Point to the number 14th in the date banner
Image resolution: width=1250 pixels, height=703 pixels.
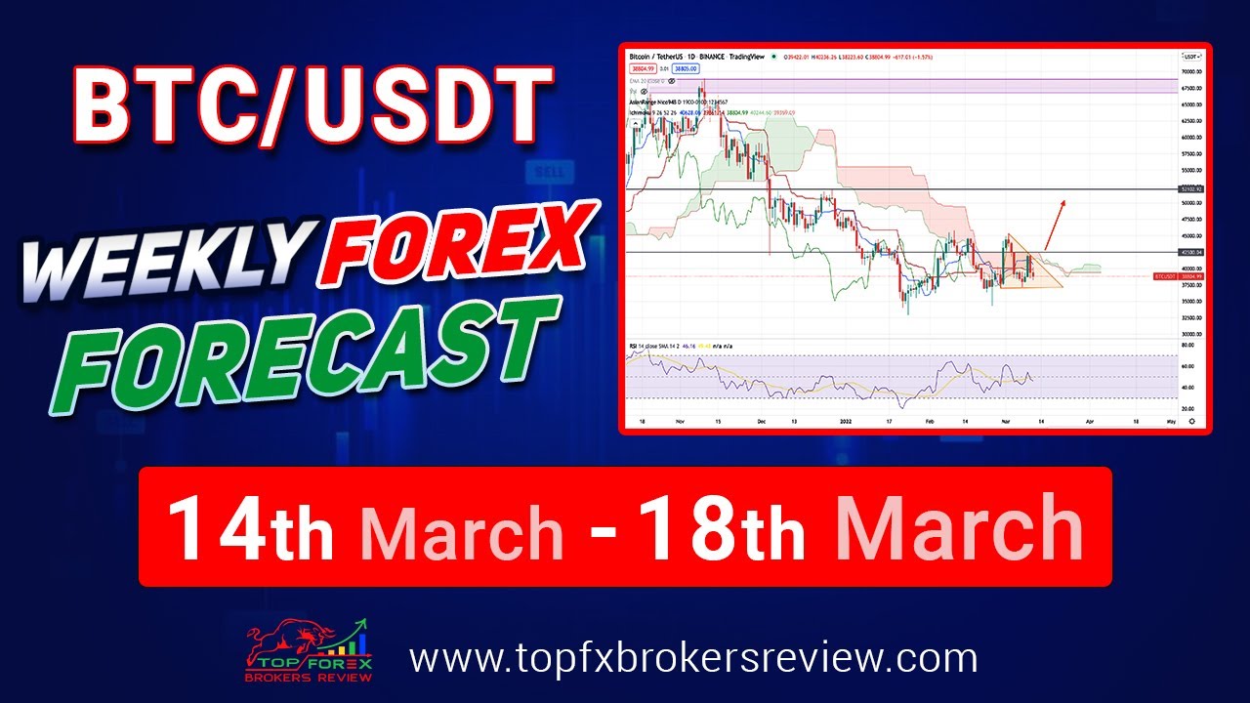coord(251,528)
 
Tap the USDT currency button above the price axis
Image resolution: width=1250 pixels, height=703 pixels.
coord(1189,58)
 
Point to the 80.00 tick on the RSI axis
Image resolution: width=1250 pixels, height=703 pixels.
coord(1187,345)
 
